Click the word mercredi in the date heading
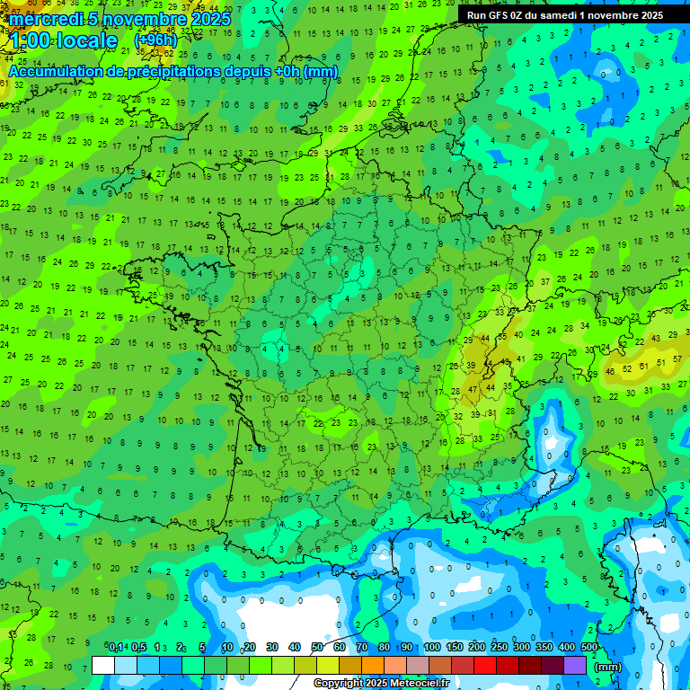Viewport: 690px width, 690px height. (x=44, y=19)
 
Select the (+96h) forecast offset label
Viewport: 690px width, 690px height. (x=155, y=40)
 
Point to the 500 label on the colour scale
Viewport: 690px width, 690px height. (x=589, y=647)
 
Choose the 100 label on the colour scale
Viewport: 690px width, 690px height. (x=432, y=647)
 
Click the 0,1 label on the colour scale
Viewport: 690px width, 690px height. (x=116, y=647)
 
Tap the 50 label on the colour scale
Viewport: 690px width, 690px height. (x=317, y=647)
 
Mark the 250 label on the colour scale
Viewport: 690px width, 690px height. (x=500, y=647)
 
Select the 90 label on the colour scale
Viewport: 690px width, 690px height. (x=407, y=647)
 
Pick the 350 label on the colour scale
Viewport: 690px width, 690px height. (x=544, y=647)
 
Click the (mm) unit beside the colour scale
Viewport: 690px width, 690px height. (x=608, y=668)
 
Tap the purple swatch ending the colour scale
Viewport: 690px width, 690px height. (x=575, y=665)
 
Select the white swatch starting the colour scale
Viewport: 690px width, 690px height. (x=103, y=665)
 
